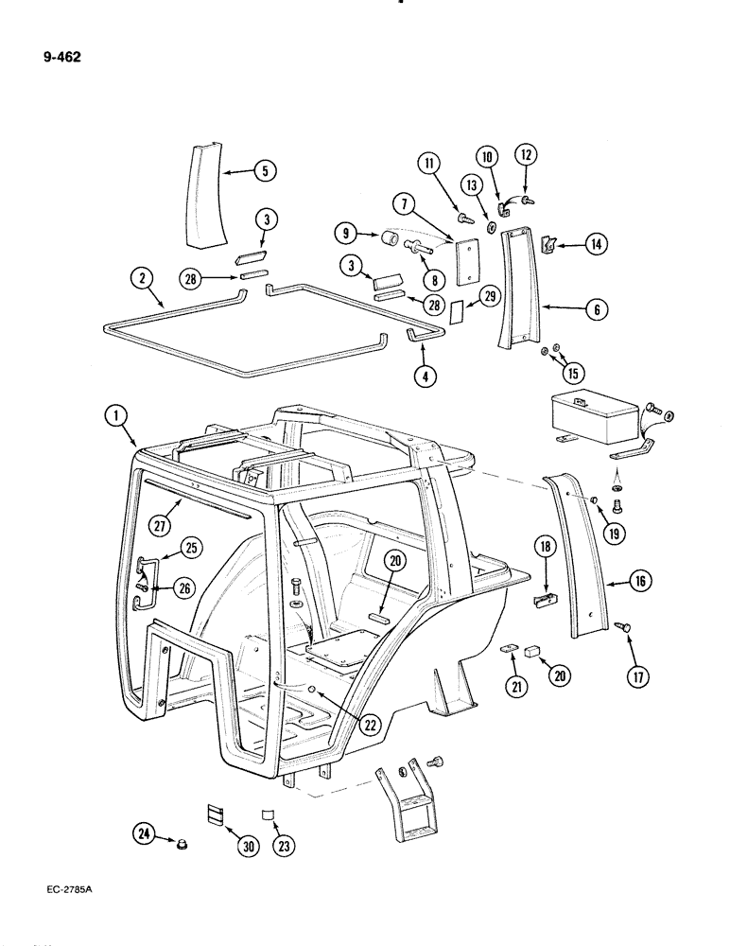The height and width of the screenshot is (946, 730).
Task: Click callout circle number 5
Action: [x=265, y=171]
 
